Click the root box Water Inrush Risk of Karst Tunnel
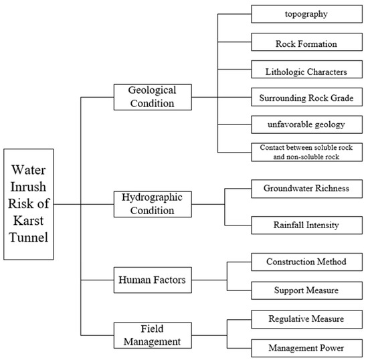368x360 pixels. point(29,204)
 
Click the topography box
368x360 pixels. point(307,13)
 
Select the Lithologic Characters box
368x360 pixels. point(307,70)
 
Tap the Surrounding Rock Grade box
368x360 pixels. point(307,98)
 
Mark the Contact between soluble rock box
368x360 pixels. point(307,152)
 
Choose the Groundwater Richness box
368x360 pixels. point(307,189)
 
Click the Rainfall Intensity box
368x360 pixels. point(307,225)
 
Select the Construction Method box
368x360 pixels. point(307,262)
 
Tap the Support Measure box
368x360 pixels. point(307,290)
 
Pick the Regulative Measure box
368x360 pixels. point(307,319)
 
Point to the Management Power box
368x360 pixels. point(307,347)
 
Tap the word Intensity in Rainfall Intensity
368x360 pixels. point(323,225)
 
